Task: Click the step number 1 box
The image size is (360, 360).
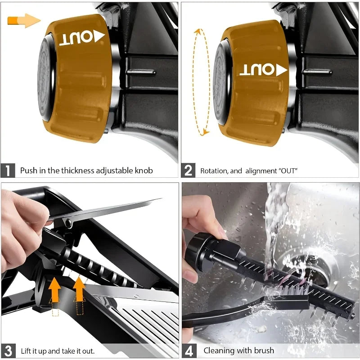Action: point(8,171)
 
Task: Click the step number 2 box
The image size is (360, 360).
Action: point(188,171)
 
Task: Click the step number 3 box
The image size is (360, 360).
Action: point(8,351)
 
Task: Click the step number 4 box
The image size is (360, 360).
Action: point(188,351)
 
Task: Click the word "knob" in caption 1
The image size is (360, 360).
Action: point(142,171)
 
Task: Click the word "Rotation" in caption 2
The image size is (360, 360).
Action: point(216,171)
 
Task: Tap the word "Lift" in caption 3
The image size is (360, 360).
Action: point(26,351)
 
